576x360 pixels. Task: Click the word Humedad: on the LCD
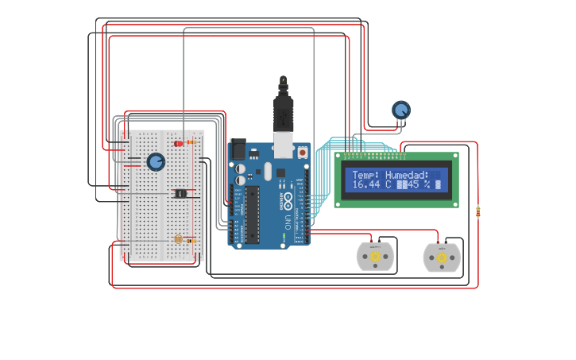tap(407, 175)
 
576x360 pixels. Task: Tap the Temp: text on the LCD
tap(365, 175)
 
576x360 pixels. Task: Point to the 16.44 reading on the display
tap(366, 184)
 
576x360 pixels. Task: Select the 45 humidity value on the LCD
tap(413, 184)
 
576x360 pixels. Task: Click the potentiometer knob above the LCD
tap(401, 110)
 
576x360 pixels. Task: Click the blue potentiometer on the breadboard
tap(156, 162)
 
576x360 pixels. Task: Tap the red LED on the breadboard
tap(179, 143)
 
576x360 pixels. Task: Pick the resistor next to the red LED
tap(191, 142)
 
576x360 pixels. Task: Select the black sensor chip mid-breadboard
tap(180, 193)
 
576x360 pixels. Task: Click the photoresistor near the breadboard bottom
tap(178, 238)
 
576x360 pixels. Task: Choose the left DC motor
tap(374, 257)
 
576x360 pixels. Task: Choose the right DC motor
tap(442, 257)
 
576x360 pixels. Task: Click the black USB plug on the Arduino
tap(283, 111)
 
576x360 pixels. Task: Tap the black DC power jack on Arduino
tap(238, 150)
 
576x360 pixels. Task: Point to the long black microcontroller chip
tap(252, 215)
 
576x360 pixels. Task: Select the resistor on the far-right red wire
tap(477, 211)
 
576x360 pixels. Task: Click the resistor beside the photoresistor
tap(191, 240)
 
